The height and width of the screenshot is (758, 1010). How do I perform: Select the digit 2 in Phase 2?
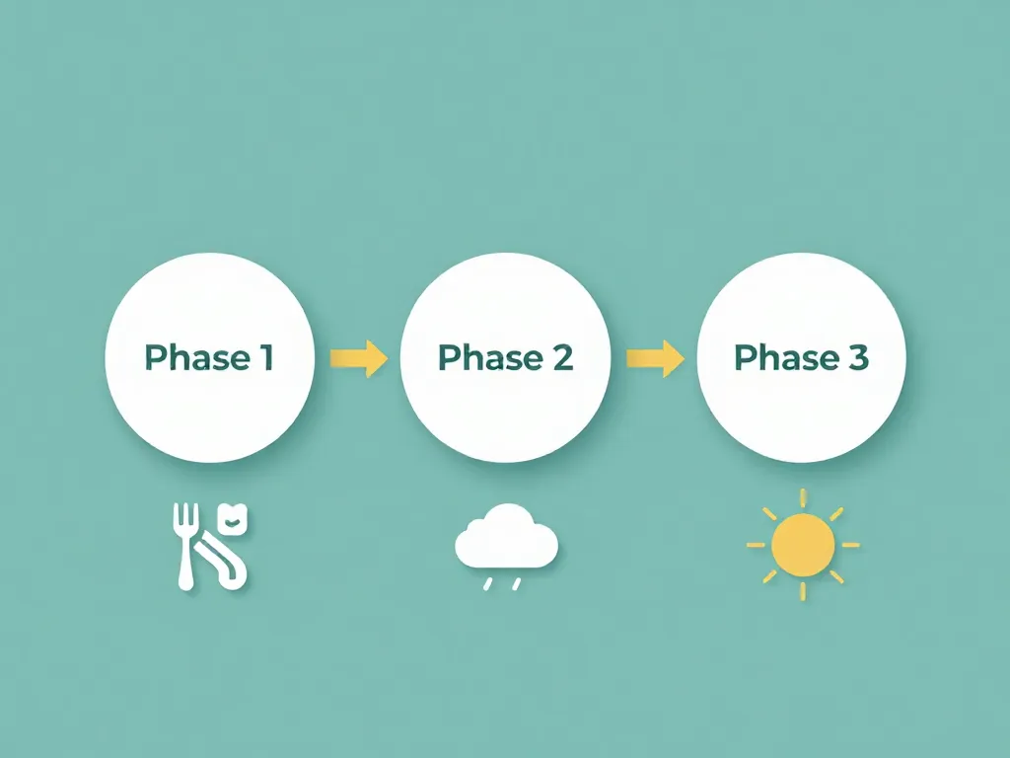561,357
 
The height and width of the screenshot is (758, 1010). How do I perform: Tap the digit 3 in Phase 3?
857,357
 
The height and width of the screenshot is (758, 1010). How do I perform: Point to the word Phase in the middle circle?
491,357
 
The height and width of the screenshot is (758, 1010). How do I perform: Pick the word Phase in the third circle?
787,357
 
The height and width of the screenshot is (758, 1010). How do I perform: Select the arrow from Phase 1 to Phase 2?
359,357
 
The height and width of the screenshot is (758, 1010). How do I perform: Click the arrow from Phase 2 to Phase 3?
656,357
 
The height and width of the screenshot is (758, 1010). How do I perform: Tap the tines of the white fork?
184,519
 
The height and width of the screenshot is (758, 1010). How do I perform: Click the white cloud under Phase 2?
506,539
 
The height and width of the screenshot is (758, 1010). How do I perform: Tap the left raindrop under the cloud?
486,584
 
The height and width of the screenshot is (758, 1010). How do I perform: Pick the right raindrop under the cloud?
515,584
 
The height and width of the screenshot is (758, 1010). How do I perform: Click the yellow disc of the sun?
802,544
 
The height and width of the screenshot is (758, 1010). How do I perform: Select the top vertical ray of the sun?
803,495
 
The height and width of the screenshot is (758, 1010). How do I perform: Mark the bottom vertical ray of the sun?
803,591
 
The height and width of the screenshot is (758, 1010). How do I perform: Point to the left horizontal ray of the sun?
756,544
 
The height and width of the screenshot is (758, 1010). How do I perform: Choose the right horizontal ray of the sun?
849,544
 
